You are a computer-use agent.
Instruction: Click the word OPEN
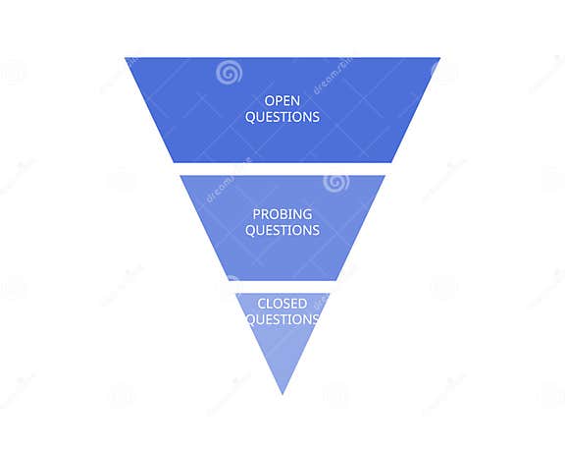coord(282,100)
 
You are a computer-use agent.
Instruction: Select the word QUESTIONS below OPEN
coord(282,117)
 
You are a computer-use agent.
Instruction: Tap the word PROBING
coord(282,214)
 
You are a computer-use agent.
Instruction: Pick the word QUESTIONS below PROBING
coord(282,230)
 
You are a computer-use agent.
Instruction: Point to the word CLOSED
coord(282,304)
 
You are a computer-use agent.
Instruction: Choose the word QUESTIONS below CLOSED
coord(282,319)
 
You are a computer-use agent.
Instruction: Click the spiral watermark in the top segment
coord(229,72)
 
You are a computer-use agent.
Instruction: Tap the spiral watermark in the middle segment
coord(335,182)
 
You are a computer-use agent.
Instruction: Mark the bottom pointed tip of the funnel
coord(282,393)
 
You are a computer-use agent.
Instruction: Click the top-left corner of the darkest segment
coord(127,59)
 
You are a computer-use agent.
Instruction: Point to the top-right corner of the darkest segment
coord(438,59)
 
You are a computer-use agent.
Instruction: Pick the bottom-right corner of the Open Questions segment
coord(391,162)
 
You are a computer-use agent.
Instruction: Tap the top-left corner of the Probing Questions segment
coord(180,176)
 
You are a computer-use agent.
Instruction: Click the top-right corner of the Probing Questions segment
coord(385,176)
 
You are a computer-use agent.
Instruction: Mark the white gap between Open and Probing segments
coord(282,169)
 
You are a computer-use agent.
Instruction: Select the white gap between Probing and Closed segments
coord(282,287)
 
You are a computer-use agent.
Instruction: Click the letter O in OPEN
coord(270,100)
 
